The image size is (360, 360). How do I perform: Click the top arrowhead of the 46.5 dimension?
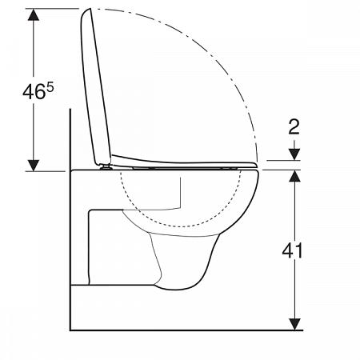(x=33, y=15)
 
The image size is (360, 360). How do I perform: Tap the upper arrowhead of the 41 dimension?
(x=296, y=176)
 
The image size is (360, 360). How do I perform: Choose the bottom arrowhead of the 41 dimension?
(x=296, y=322)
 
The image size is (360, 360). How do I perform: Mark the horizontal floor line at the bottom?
(x=184, y=329)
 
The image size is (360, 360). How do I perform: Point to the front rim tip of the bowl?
(x=258, y=178)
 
